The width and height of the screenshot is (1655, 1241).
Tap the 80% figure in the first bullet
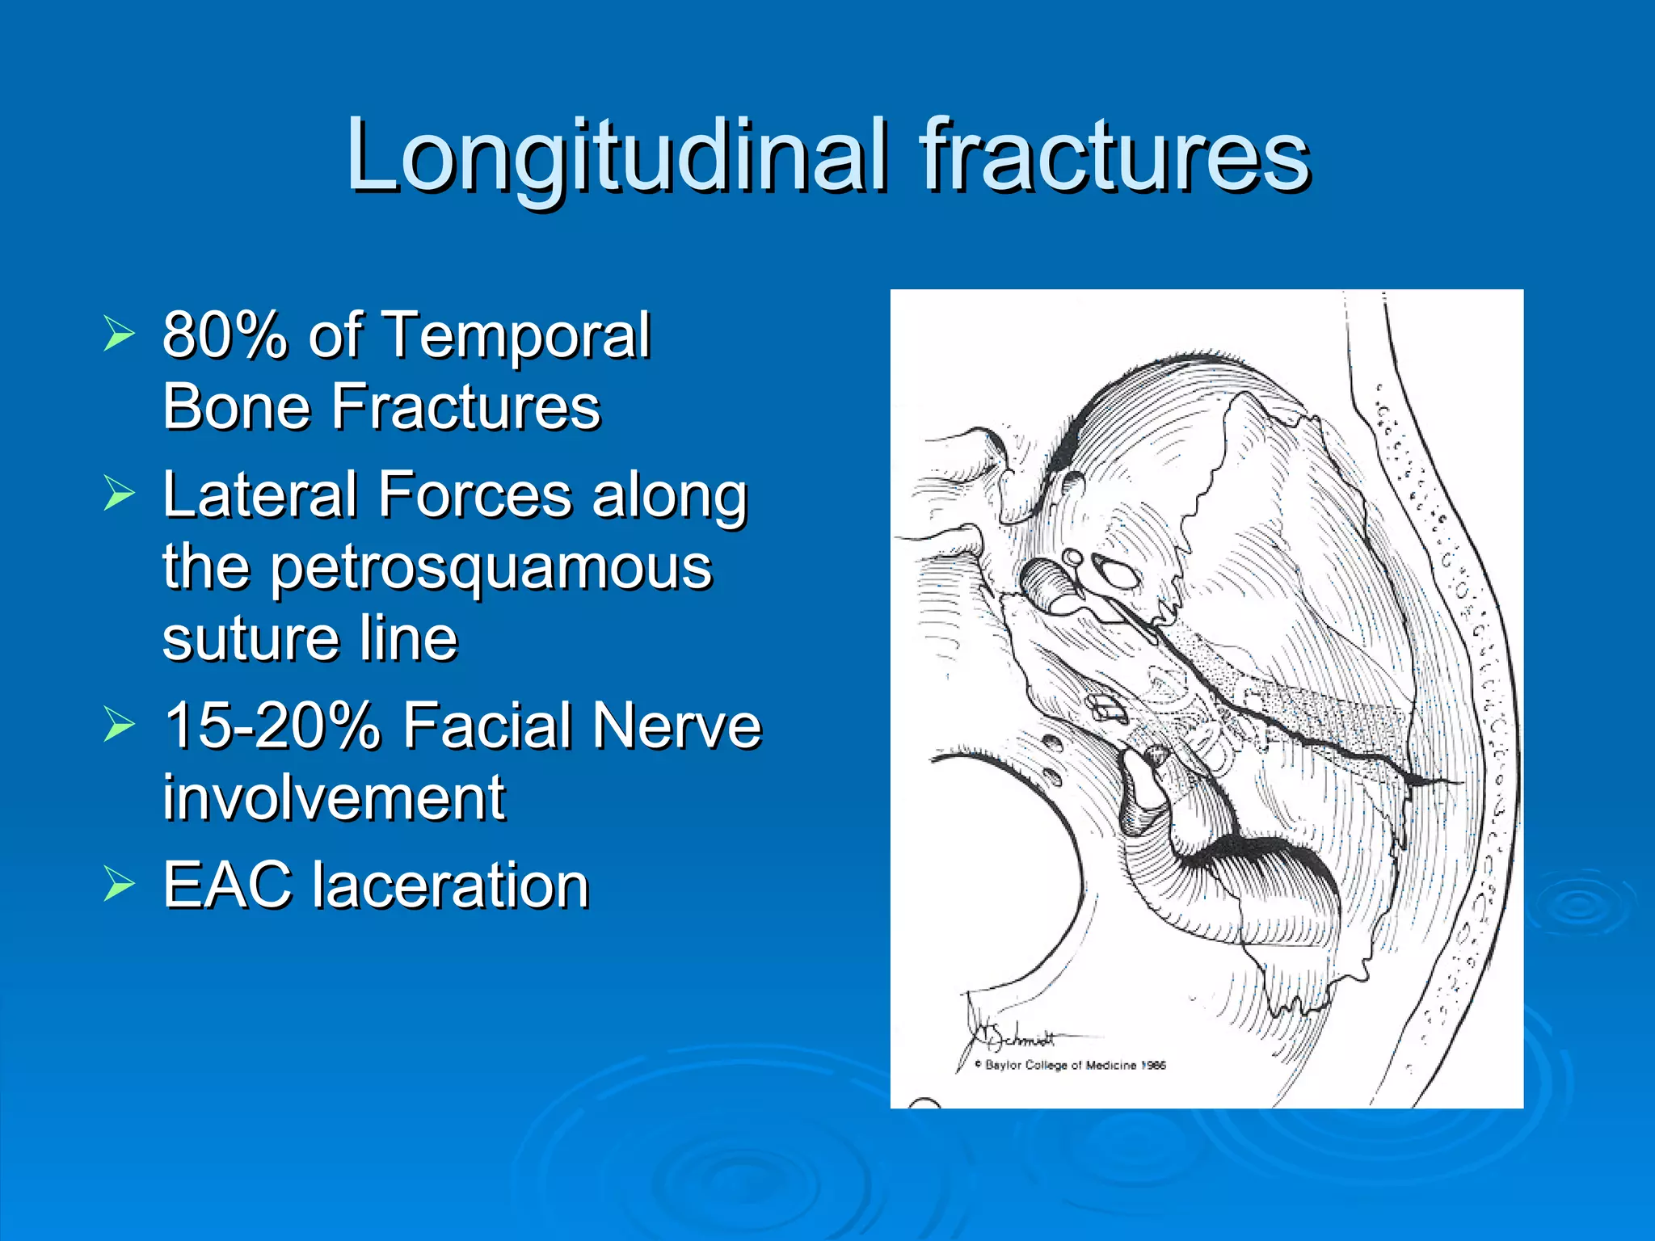click(x=225, y=334)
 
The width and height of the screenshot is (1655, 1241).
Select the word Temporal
click(x=516, y=334)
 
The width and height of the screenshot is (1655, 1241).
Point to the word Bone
click(x=235, y=406)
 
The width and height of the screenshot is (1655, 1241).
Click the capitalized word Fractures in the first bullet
click(x=466, y=406)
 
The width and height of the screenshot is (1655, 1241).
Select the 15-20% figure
click(x=272, y=725)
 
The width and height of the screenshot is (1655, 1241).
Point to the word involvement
click(x=334, y=797)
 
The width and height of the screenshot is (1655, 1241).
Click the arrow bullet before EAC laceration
click(x=119, y=886)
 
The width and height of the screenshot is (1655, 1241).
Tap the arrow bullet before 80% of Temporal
click(x=119, y=334)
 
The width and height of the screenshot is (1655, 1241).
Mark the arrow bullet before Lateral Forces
click(x=119, y=494)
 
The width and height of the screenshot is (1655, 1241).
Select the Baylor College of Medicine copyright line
click(x=1071, y=1066)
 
